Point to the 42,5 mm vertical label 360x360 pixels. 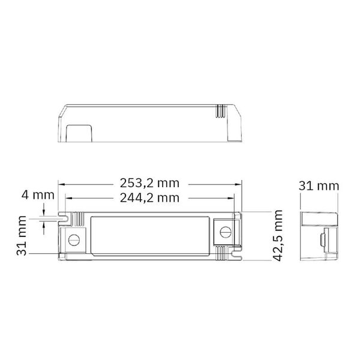(x=277, y=235)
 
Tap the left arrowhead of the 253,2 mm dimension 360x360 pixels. (x=61, y=184)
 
